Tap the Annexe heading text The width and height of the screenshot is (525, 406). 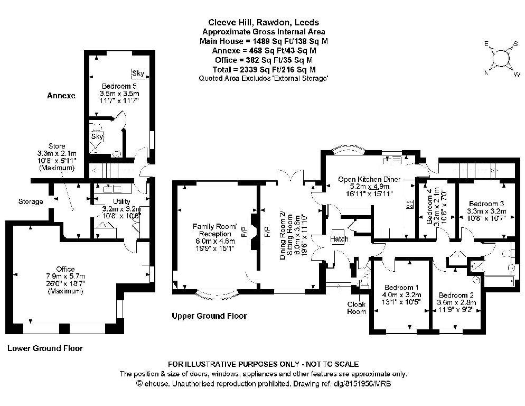(x=61, y=96)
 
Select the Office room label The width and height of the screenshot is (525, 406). (x=65, y=269)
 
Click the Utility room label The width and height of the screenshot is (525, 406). (x=121, y=201)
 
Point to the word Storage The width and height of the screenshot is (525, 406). (x=31, y=201)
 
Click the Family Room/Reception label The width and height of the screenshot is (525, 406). (x=214, y=230)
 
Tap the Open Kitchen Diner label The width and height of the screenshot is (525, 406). (x=369, y=179)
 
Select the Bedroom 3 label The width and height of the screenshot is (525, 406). (x=486, y=204)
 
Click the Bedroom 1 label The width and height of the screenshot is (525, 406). (x=401, y=287)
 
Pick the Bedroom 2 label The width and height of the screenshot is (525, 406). (x=456, y=295)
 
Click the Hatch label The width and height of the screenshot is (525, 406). (x=339, y=239)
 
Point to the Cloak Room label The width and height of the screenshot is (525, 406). (x=356, y=308)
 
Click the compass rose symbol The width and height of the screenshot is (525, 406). (x=502, y=59)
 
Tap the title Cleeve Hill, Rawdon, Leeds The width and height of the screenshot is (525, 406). (x=264, y=22)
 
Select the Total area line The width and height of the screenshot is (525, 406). (x=264, y=69)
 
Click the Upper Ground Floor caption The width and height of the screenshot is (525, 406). (x=209, y=316)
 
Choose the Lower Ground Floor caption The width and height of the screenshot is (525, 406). (x=45, y=348)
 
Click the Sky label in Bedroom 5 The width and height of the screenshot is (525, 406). (x=138, y=73)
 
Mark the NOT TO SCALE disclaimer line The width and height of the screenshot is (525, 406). (x=263, y=364)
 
